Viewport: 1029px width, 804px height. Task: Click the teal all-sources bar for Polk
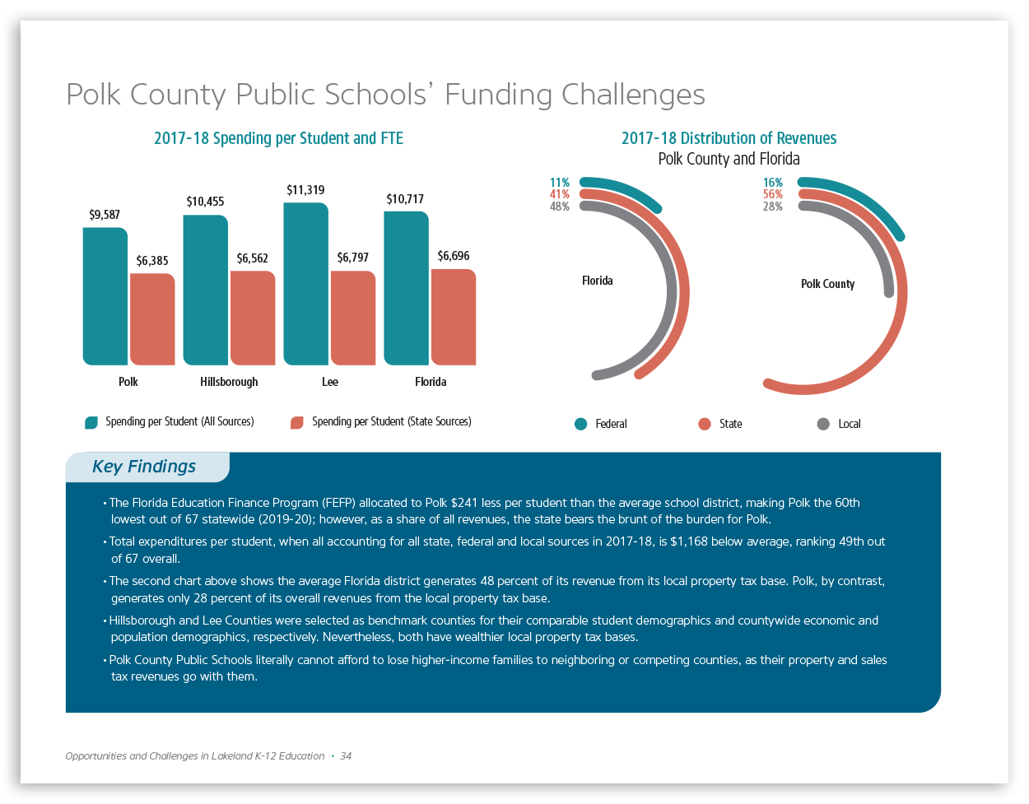click(105, 296)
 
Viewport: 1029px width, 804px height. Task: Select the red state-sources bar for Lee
click(353, 318)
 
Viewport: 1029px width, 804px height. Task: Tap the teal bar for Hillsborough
click(206, 290)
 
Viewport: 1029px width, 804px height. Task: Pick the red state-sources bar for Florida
click(454, 317)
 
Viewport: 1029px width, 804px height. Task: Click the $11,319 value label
click(305, 190)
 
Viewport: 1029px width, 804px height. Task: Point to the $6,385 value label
click(152, 261)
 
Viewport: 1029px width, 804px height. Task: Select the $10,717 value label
click(405, 199)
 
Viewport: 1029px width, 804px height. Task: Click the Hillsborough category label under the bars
click(229, 382)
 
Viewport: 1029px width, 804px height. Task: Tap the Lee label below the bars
click(330, 382)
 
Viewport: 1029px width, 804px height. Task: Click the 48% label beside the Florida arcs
click(560, 207)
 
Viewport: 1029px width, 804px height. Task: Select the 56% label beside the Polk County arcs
click(773, 195)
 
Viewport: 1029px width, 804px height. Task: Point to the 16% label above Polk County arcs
click(773, 183)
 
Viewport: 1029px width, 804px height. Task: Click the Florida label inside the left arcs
click(598, 281)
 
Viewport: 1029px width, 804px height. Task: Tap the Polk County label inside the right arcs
click(828, 284)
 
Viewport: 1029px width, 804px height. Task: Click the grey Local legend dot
click(823, 424)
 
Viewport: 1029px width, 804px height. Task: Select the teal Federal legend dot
click(581, 424)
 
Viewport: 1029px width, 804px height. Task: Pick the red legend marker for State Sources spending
click(297, 422)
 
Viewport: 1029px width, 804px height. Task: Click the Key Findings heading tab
click(145, 467)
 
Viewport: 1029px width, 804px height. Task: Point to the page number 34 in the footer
click(346, 756)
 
